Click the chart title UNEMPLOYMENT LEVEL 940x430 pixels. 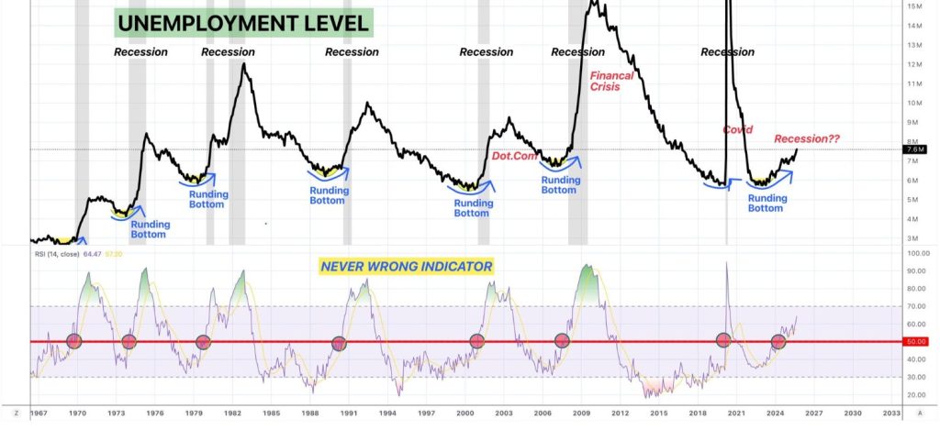pos(243,23)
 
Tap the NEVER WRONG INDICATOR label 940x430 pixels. pos(405,267)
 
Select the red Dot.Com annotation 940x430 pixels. pos(513,158)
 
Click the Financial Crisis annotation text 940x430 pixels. pos(611,81)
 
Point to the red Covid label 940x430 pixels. pos(738,131)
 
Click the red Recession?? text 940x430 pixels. pos(807,139)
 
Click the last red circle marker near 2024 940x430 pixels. pos(778,341)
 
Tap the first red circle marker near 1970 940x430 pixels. pos(74,341)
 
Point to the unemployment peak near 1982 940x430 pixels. pos(244,65)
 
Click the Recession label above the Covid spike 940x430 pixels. pos(727,52)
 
